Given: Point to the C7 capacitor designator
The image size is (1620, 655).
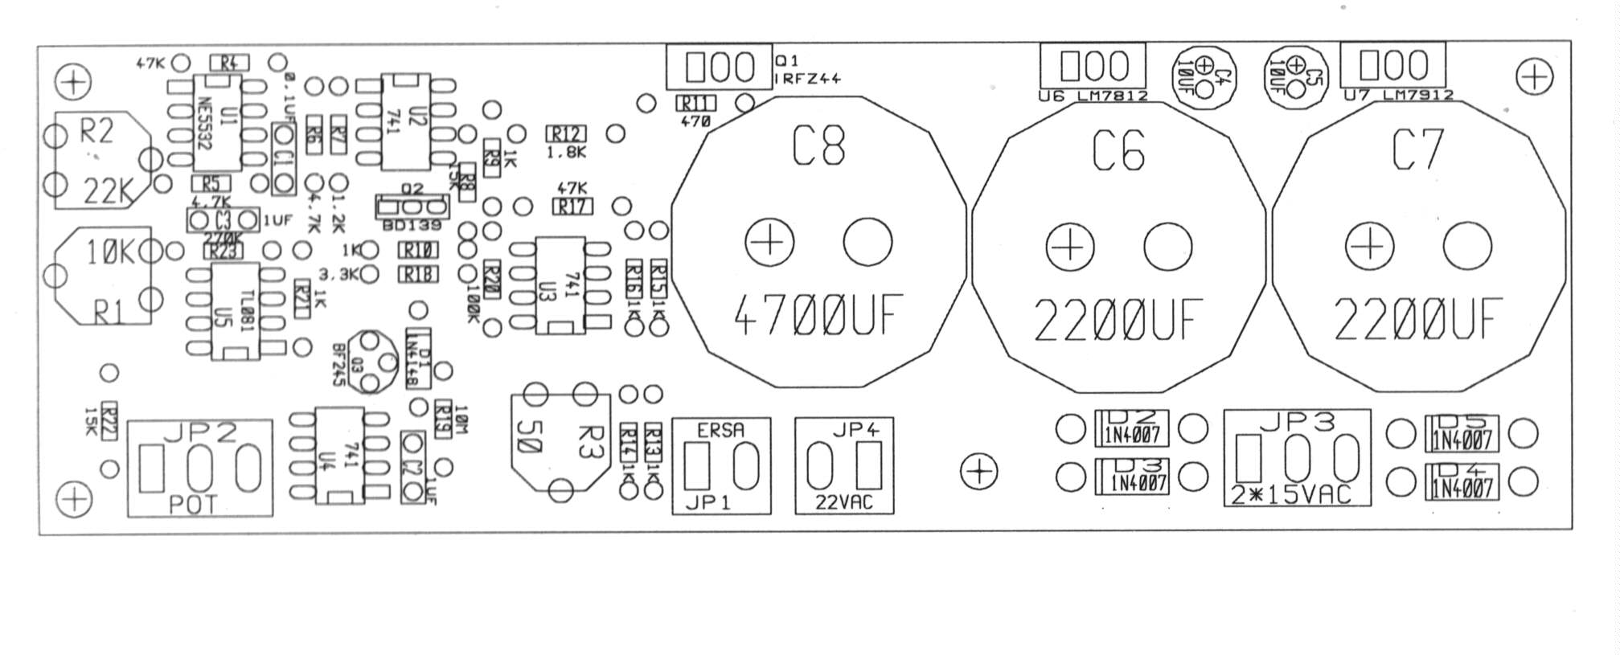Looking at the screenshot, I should click(1417, 149).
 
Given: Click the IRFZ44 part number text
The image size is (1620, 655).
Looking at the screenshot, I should click(807, 78).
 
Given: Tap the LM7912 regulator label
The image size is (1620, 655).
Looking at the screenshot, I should click(1417, 95).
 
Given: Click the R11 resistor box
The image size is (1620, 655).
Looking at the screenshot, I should click(695, 103).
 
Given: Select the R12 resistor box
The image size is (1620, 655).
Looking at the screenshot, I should click(566, 133).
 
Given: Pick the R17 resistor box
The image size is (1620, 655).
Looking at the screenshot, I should click(572, 207).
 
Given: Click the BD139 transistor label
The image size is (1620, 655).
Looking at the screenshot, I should click(412, 226).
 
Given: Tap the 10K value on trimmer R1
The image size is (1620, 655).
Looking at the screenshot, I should click(110, 253).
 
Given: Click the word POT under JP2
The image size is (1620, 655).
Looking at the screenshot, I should click(193, 505).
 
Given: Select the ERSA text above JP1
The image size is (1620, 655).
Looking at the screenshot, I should click(720, 431).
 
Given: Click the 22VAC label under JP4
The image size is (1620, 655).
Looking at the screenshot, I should click(843, 503).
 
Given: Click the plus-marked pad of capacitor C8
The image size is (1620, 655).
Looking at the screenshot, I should click(769, 241).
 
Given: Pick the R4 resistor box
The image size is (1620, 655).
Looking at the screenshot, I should click(229, 62).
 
